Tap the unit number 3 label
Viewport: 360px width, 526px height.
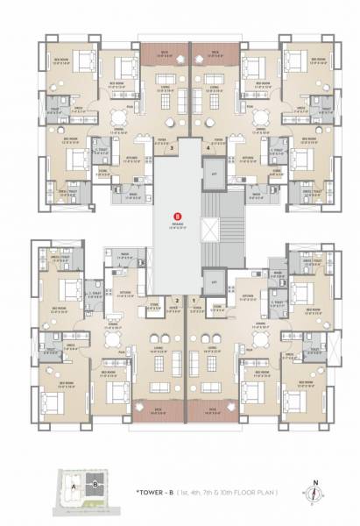[173, 149]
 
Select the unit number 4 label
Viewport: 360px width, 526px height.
[208, 149]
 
